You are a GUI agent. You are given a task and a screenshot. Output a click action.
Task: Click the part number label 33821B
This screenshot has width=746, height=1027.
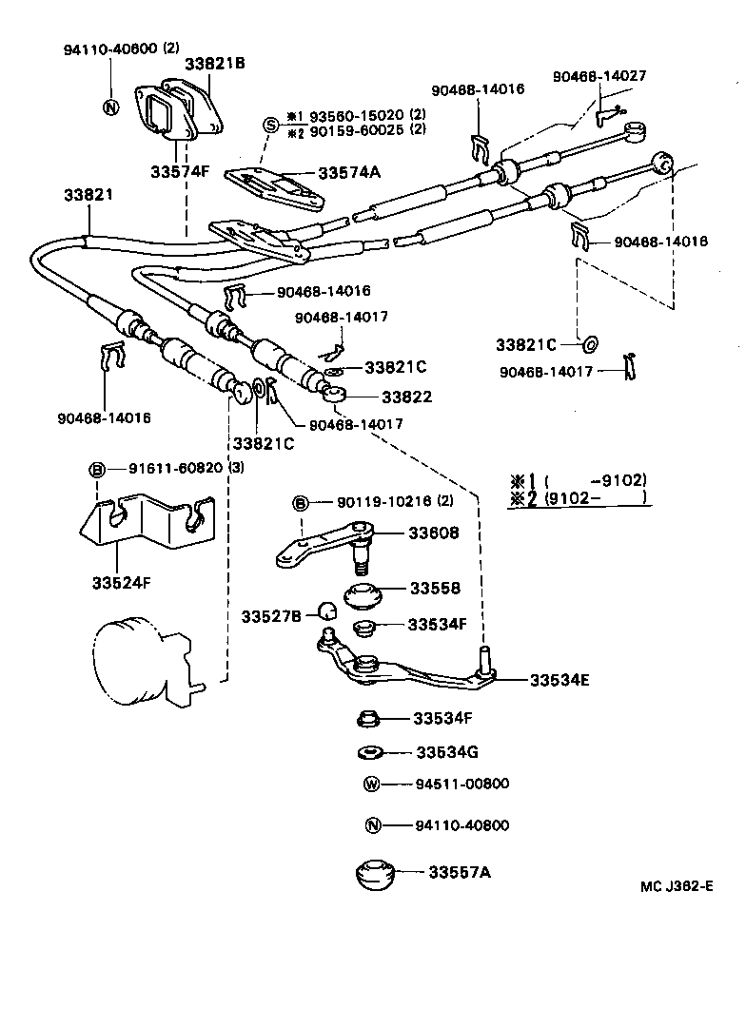(214, 64)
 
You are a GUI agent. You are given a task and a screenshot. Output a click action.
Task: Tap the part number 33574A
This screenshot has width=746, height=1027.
(348, 172)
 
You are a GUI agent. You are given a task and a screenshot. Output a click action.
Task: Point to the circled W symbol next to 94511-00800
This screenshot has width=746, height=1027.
(372, 785)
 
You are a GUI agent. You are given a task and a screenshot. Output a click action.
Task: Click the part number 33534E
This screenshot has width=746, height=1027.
(560, 680)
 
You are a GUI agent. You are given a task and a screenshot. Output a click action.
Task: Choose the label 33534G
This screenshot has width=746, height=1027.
(446, 752)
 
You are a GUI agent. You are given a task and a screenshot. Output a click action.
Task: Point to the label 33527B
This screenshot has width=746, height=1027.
(270, 616)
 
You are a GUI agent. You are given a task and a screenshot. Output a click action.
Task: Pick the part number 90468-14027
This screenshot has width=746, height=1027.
(601, 76)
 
